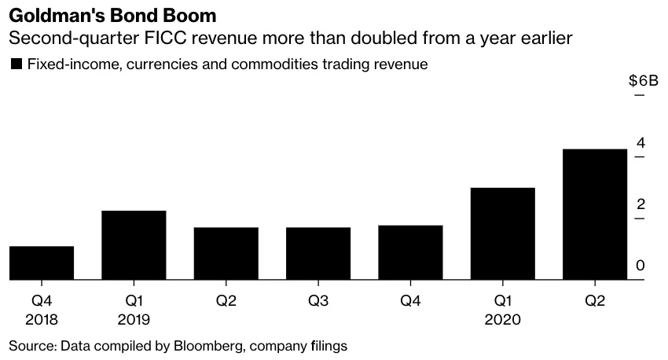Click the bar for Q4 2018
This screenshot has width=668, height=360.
click(x=42, y=263)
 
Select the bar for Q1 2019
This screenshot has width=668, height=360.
click(x=134, y=244)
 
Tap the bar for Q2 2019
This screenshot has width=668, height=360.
click(x=226, y=253)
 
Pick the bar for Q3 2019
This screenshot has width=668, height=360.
click(x=317, y=253)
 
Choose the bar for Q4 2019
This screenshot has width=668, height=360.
click(x=409, y=252)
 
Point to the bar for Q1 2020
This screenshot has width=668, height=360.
click(x=502, y=233)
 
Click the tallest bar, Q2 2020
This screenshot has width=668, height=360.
click(x=594, y=214)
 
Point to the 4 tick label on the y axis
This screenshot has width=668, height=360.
click(x=640, y=143)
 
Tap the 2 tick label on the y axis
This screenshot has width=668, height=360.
click(x=640, y=204)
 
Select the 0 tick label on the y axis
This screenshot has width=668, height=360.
click(x=640, y=266)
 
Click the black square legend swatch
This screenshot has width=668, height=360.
click(x=15, y=64)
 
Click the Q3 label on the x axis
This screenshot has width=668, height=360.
click(x=317, y=301)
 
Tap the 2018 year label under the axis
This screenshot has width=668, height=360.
click(x=42, y=319)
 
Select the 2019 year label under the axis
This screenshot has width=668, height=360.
click(x=134, y=319)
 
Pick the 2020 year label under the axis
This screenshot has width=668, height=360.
click(x=502, y=319)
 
